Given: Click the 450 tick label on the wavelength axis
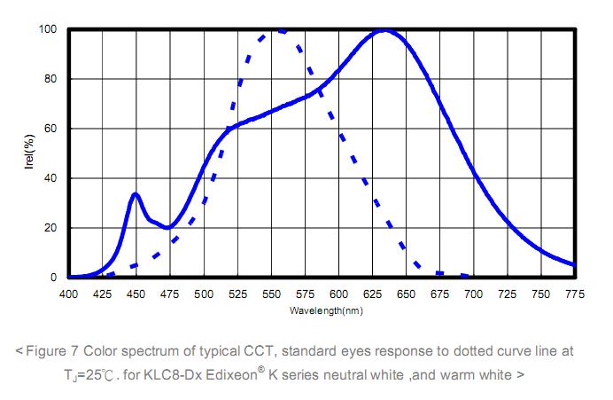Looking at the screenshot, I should [136, 294].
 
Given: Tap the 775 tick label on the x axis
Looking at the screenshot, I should [574, 294].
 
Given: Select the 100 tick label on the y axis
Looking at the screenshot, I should [48, 29].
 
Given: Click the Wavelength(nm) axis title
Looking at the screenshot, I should [325, 311].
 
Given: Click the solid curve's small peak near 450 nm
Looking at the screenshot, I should [135, 193].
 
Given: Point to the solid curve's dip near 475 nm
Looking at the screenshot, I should [167, 228].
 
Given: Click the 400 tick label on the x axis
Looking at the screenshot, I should [68, 294].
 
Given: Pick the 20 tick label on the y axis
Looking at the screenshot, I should [50, 228].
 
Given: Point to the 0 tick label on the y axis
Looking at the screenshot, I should [54, 278].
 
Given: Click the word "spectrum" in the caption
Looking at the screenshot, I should [136, 351].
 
